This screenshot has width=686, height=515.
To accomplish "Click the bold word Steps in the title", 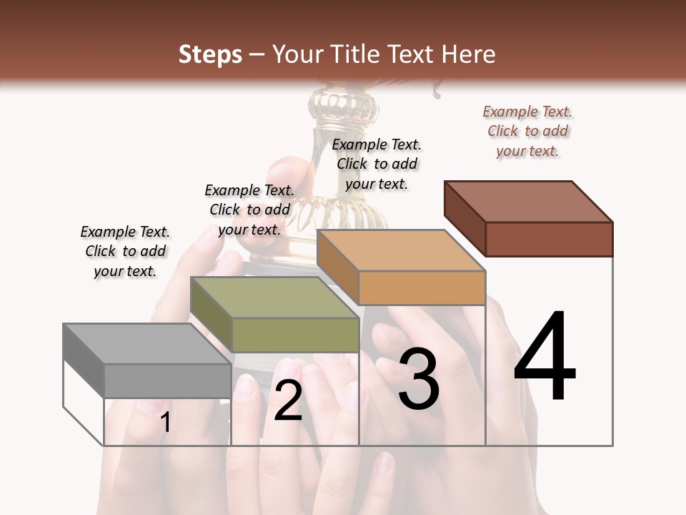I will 210,54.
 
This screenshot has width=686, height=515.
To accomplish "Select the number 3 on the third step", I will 419,378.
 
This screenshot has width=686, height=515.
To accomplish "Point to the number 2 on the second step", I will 288,401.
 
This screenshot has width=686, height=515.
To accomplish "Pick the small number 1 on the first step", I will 166,422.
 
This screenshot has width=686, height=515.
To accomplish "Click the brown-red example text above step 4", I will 527,132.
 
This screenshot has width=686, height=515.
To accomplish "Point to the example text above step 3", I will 377,165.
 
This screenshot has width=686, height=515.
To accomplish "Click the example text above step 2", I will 249,210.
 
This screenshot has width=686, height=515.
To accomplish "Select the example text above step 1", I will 125,251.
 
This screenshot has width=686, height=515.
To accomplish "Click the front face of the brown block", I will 549,239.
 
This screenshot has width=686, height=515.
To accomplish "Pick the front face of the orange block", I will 422,288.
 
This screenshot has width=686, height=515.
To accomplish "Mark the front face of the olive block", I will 295,335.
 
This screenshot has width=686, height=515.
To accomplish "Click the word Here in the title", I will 469,54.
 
